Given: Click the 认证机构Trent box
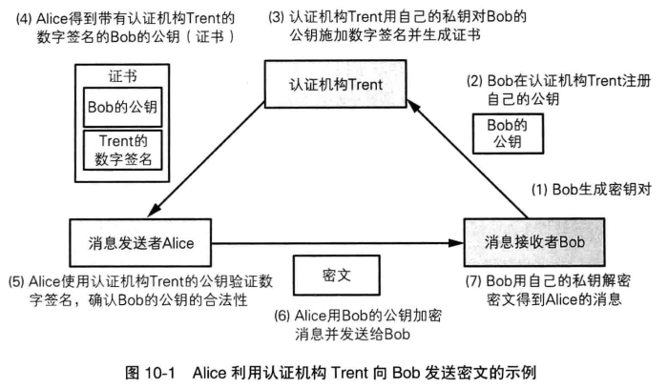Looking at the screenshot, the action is click(335, 84).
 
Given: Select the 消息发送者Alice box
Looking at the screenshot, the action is click(140, 242).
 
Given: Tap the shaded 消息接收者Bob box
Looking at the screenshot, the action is click(534, 242).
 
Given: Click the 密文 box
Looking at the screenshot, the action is click(337, 275).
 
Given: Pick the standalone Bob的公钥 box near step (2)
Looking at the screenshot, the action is click(508, 133).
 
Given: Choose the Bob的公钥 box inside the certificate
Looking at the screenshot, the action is click(123, 107).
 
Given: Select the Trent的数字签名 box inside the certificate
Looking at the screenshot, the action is click(123, 151).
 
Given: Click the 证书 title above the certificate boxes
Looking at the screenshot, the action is click(122, 76).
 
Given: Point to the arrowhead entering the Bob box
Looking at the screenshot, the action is click(457, 243).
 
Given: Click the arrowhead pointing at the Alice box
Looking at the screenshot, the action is click(154, 211).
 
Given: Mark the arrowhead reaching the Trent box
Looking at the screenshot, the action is click(414, 107).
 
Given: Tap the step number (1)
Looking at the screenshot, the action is click(539, 190).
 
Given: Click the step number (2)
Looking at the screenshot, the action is click(474, 81).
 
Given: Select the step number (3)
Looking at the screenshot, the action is click(276, 17).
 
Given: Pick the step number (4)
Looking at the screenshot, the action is click(24, 19).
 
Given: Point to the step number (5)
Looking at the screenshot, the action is click(16, 282).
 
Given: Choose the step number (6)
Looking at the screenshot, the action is click(282, 316).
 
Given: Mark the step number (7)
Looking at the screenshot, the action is click(473, 281).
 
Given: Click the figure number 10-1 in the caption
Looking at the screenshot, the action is click(159, 373).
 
